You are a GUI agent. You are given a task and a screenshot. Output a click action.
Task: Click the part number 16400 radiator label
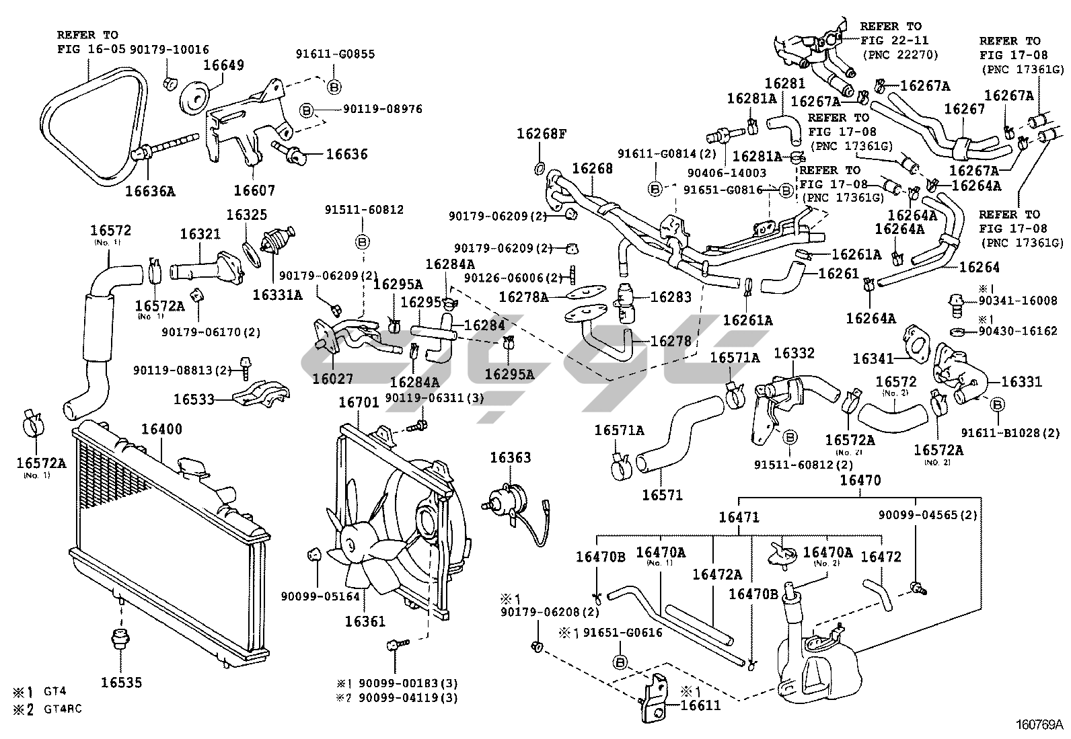(161, 429)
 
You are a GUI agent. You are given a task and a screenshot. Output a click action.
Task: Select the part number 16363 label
(510, 457)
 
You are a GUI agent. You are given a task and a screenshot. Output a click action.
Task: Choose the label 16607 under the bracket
(254, 190)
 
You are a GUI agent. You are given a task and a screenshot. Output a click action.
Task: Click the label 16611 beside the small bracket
(700, 705)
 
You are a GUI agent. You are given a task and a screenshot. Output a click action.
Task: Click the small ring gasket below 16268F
(540, 166)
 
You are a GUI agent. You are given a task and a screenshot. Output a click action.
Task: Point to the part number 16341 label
(873, 359)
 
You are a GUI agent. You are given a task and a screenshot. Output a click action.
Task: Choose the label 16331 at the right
(1021, 382)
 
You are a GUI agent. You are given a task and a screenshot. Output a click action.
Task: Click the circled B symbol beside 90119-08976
(305, 110)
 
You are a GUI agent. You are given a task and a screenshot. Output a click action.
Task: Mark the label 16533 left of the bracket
(194, 399)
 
